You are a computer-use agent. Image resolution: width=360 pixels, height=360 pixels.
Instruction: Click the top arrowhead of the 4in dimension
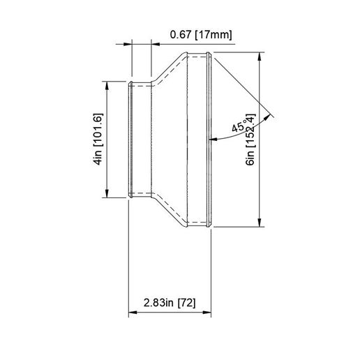point(106,86)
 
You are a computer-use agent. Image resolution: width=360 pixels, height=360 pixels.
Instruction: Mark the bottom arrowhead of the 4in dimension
point(106,193)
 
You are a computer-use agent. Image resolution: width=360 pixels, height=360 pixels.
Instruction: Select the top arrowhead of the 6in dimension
point(260,56)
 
